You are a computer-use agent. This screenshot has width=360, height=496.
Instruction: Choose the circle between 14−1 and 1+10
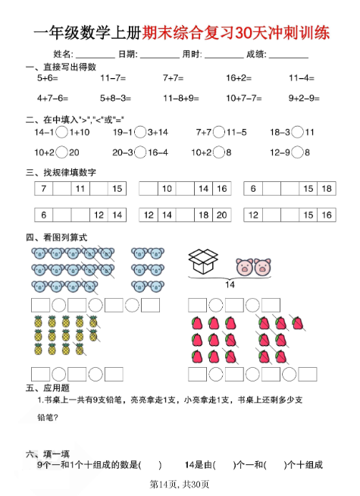(x=63, y=132)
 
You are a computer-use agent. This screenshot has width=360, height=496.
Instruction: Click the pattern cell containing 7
(x=44, y=189)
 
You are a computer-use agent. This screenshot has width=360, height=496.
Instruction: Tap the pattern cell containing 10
(x=167, y=189)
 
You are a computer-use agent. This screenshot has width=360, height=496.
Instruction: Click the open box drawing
(x=202, y=261)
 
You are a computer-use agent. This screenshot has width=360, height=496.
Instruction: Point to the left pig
(x=245, y=268)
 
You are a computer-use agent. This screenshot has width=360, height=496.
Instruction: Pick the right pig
(x=262, y=268)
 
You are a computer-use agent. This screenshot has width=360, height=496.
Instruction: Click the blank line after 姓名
(x=95, y=55)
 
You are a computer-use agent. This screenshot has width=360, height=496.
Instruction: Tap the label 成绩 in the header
(x=255, y=54)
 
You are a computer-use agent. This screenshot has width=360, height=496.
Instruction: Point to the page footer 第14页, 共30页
(x=180, y=484)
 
